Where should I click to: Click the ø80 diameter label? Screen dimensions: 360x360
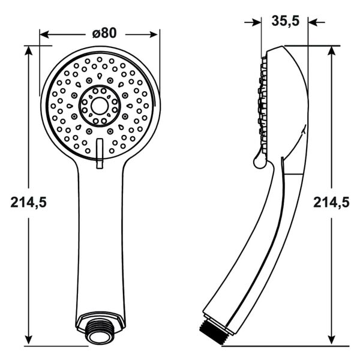104,33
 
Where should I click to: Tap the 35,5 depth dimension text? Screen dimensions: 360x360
285,22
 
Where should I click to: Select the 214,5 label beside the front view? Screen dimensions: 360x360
28,202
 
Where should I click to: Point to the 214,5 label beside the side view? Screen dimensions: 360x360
331,202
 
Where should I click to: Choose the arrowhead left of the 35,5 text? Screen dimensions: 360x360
257,22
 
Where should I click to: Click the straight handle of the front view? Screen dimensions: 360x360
100,240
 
